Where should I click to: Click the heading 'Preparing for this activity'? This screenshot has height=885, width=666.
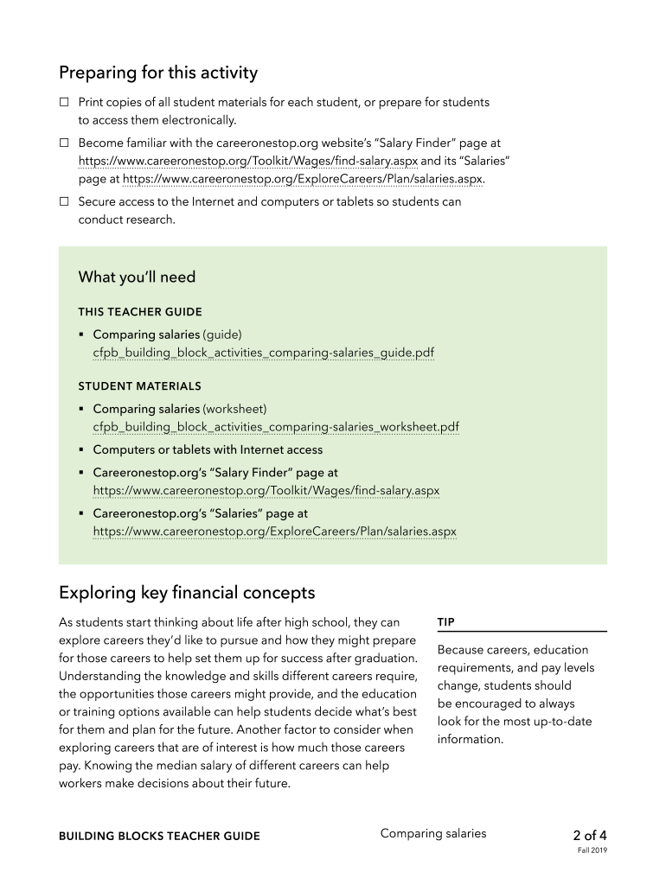[158, 73]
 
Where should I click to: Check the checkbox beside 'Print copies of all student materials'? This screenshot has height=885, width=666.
[64, 103]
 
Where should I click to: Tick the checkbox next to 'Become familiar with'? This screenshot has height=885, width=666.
[64, 143]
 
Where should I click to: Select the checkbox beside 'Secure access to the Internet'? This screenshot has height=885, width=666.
[64, 202]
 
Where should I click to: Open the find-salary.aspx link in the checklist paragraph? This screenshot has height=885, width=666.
[247, 162]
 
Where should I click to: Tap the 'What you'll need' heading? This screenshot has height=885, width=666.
[137, 277]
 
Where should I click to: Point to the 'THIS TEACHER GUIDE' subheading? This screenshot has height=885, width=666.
[140, 312]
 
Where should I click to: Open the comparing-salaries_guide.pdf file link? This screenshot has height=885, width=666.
[264, 353]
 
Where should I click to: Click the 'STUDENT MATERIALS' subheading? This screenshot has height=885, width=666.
[139, 386]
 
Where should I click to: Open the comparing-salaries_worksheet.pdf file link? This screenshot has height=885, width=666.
[276, 428]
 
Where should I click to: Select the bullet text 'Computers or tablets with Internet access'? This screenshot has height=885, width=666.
[208, 450]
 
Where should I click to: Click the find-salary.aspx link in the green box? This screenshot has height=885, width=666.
[266, 491]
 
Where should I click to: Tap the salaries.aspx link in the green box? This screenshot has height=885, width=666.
[274, 532]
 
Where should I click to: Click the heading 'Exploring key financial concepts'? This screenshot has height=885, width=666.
[187, 593]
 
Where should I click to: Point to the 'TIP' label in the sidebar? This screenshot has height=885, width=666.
[446, 622]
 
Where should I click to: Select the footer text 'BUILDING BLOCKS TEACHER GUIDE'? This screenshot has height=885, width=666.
[159, 837]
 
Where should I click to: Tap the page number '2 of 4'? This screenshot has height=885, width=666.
[590, 836]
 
